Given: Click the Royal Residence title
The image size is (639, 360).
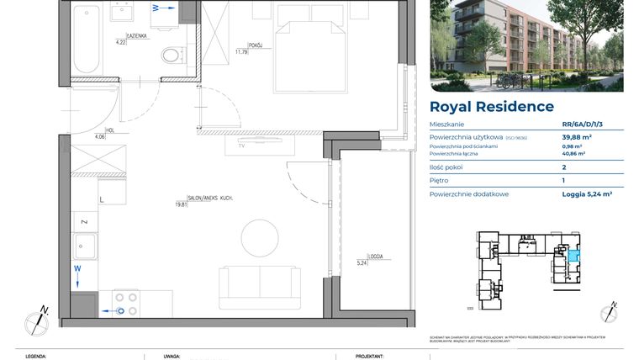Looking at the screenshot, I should (x=492, y=107).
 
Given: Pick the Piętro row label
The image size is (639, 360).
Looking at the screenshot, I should (x=439, y=180).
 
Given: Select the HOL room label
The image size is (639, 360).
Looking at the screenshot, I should (x=99, y=131).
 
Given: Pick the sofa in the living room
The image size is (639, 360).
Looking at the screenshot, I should (x=258, y=287).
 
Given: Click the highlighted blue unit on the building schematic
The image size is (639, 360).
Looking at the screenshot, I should (x=573, y=257).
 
